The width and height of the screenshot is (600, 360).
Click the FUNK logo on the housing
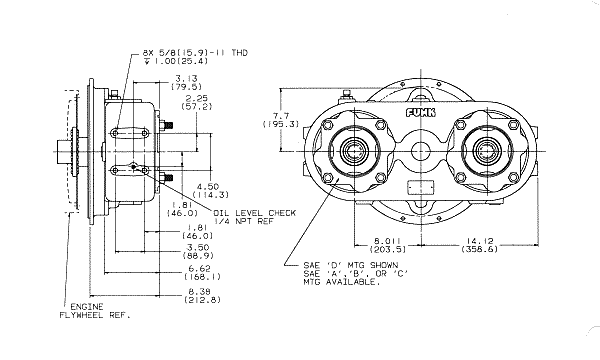(x=421, y=112)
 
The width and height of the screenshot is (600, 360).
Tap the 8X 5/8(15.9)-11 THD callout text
(x=195, y=52)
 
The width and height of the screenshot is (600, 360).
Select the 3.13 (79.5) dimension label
(x=186, y=83)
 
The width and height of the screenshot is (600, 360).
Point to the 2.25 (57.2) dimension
(x=197, y=102)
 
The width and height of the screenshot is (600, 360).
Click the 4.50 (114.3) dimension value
(x=210, y=191)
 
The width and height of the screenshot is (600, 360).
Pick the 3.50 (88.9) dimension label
(x=198, y=251)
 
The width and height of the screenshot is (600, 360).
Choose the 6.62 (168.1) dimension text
(x=202, y=272)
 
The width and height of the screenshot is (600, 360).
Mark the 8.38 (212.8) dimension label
(x=202, y=295)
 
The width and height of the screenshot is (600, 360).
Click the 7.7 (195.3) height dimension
(x=281, y=119)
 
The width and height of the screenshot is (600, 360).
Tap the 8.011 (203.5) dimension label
(x=387, y=245)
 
